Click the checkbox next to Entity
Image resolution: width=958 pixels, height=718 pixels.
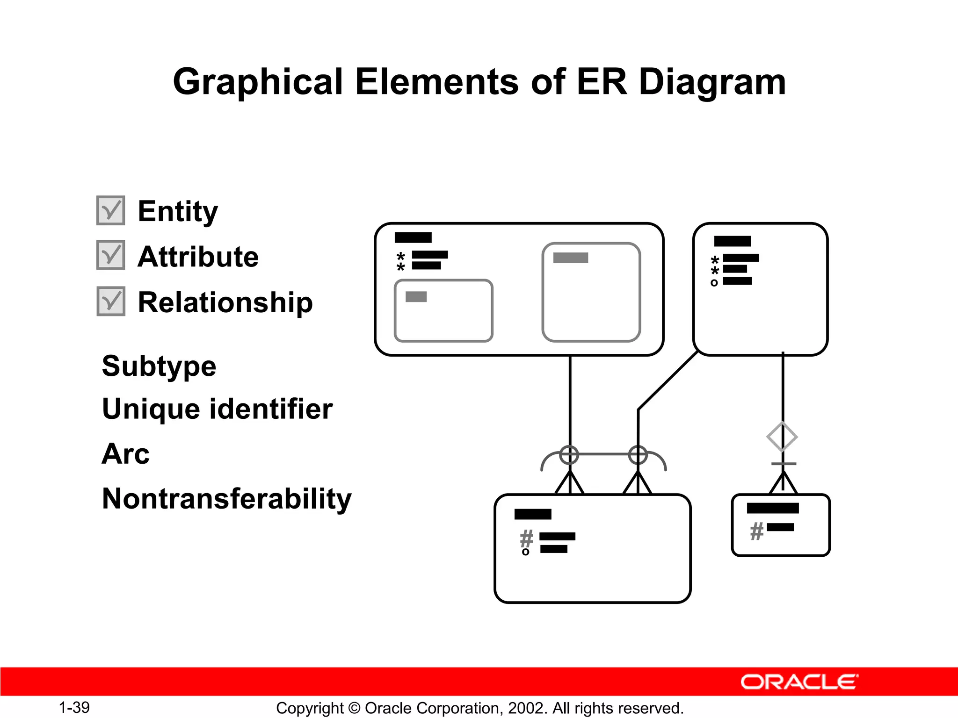tap(111, 210)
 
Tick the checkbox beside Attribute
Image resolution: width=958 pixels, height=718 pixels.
tap(111, 255)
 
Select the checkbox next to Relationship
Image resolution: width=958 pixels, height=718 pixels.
tap(111, 301)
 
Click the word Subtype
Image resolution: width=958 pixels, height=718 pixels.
tap(159, 366)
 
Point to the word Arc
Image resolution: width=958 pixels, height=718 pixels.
tap(125, 454)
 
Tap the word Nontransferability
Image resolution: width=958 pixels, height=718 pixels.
tap(226, 499)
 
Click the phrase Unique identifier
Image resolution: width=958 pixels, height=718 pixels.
tap(217, 409)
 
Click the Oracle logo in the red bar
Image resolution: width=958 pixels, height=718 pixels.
tap(799, 682)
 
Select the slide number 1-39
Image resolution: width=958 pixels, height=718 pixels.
tap(74, 707)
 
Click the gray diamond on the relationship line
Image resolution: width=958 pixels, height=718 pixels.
tap(782, 437)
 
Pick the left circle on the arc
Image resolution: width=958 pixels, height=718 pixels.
tap(569, 454)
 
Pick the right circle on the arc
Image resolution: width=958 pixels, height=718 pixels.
tap(638, 454)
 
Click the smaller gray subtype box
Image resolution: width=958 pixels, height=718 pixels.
tap(443, 311)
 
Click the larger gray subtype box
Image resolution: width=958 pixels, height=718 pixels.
tap(591, 292)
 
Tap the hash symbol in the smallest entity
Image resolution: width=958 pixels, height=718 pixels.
tap(756, 531)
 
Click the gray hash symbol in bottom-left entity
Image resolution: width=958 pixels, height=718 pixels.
tap(527, 538)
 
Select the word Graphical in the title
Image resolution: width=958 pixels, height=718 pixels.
tap(258, 82)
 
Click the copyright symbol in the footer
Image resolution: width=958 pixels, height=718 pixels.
tap(355, 708)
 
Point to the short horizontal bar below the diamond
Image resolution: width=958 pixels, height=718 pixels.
tap(784, 464)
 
